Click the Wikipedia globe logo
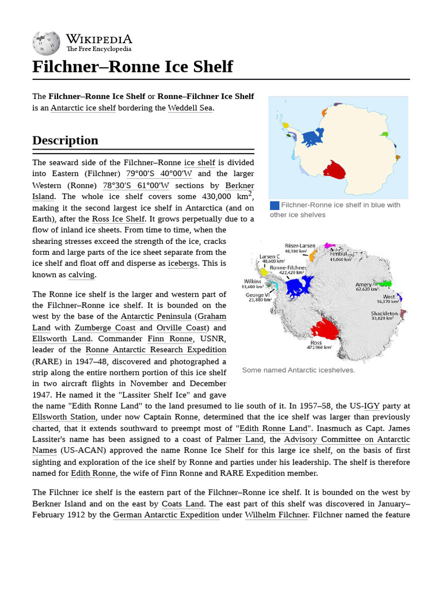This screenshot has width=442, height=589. pyautogui.click(x=46, y=43)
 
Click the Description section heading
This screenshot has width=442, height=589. pyautogui.click(x=65, y=140)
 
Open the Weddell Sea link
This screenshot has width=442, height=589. pyautogui.click(x=190, y=108)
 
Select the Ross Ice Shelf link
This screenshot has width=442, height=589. pyautogui.click(x=119, y=219)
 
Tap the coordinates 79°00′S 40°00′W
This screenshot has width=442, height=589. pyautogui.click(x=159, y=174)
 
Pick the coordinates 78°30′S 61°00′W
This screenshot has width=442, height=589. pyautogui.click(x=136, y=185)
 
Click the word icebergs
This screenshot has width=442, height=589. pyautogui.click(x=182, y=263)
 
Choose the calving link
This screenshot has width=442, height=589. pyautogui.click(x=81, y=275)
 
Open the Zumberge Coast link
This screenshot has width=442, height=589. pyautogui.click(x=105, y=328)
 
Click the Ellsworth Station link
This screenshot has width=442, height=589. pyautogui.click(x=64, y=417)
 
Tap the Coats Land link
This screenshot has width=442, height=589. pyautogui.click(x=182, y=504)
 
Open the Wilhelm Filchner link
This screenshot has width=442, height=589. pyautogui.click(x=277, y=515)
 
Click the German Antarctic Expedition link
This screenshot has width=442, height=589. pyautogui.click(x=166, y=515)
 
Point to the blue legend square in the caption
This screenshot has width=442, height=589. pyautogui.click(x=275, y=205)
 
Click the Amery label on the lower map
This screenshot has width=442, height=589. pyautogui.click(x=363, y=284)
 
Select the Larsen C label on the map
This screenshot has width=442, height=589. pyautogui.click(x=270, y=257)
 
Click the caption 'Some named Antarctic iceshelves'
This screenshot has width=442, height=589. pyautogui.click(x=298, y=370)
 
